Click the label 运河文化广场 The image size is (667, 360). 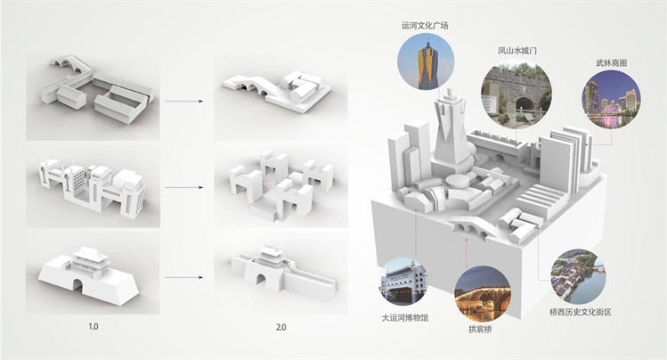[x=425, y=26]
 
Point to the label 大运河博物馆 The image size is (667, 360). [x=403, y=315]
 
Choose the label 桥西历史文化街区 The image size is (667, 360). [x=580, y=312]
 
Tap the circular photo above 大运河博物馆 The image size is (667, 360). [x=403, y=282]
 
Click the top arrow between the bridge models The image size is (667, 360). [x=187, y=101]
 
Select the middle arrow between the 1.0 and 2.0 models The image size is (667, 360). [x=187, y=188]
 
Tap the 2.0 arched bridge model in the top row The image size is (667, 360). [x=254, y=89]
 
